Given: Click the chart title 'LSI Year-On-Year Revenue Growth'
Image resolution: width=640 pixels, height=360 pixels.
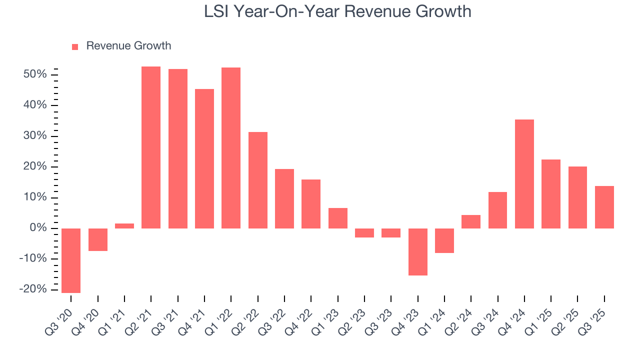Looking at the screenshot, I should [x=337, y=11].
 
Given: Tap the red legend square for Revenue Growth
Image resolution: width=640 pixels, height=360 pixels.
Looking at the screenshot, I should [x=75, y=46].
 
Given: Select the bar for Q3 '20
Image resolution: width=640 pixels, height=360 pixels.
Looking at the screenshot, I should [x=71, y=260].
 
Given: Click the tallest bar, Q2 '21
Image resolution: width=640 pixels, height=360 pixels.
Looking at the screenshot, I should [x=151, y=147].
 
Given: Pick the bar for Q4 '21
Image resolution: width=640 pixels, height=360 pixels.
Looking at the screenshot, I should [x=204, y=158].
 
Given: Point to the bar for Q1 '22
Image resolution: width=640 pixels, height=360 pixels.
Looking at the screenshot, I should [x=231, y=148].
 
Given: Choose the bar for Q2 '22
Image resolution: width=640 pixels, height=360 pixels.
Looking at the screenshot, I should [x=258, y=180].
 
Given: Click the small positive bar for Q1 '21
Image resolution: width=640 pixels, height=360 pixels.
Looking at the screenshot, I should [x=124, y=226].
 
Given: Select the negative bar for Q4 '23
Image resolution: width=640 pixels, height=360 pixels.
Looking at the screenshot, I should [x=418, y=252].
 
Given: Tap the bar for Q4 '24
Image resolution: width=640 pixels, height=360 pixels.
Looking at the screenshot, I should [x=524, y=174].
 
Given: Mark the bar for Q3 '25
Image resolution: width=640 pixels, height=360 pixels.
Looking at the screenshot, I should [x=604, y=207].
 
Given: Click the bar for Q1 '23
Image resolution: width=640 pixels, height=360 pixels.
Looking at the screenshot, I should [x=338, y=218].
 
